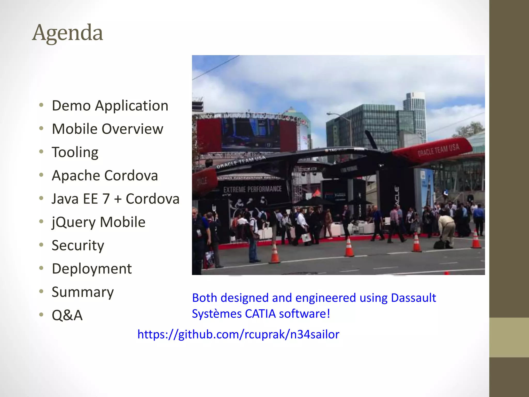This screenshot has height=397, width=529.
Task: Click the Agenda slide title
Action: click(67, 33)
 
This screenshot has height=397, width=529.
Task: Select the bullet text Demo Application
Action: click(110, 106)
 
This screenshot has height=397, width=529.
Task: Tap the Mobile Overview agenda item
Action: click(107, 129)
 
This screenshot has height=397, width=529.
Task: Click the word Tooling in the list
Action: click(75, 152)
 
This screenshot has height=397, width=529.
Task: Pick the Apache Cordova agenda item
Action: click(105, 175)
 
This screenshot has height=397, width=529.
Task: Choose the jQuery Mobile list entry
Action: click(98, 222)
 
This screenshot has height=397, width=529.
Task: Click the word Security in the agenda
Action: click(78, 246)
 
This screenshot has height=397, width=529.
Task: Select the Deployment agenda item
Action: click(92, 269)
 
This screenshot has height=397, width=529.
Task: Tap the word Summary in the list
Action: click(83, 292)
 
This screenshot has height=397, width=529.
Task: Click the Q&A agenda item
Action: click(67, 315)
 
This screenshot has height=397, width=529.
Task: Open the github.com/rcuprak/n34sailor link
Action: click(238, 334)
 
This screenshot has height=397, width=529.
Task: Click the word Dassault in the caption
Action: click(413, 298)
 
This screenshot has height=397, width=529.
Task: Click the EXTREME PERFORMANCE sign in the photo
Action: click(252, 189)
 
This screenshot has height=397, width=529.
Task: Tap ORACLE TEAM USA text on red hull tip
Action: click(438, 150)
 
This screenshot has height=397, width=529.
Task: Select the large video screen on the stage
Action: click(251, 134)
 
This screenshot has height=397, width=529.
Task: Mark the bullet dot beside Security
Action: click(41, 245)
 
